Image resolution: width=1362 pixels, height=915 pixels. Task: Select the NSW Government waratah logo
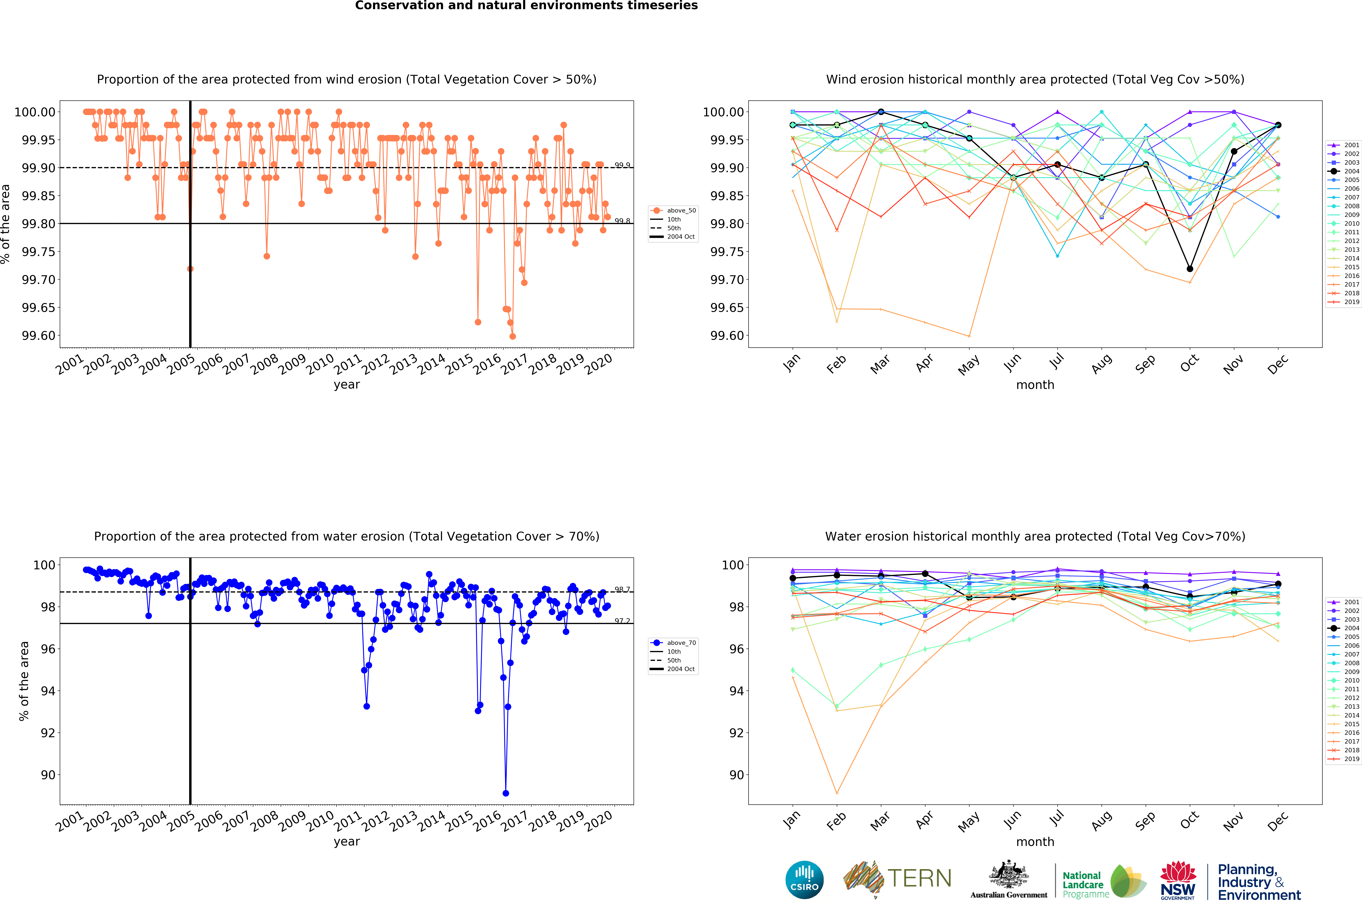click(1178, 879)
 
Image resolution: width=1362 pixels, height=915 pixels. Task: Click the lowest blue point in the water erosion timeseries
click(505, 793)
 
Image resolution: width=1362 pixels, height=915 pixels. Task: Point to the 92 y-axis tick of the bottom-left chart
click(47, 733)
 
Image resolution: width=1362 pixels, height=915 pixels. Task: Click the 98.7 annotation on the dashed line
click(622, 589)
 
